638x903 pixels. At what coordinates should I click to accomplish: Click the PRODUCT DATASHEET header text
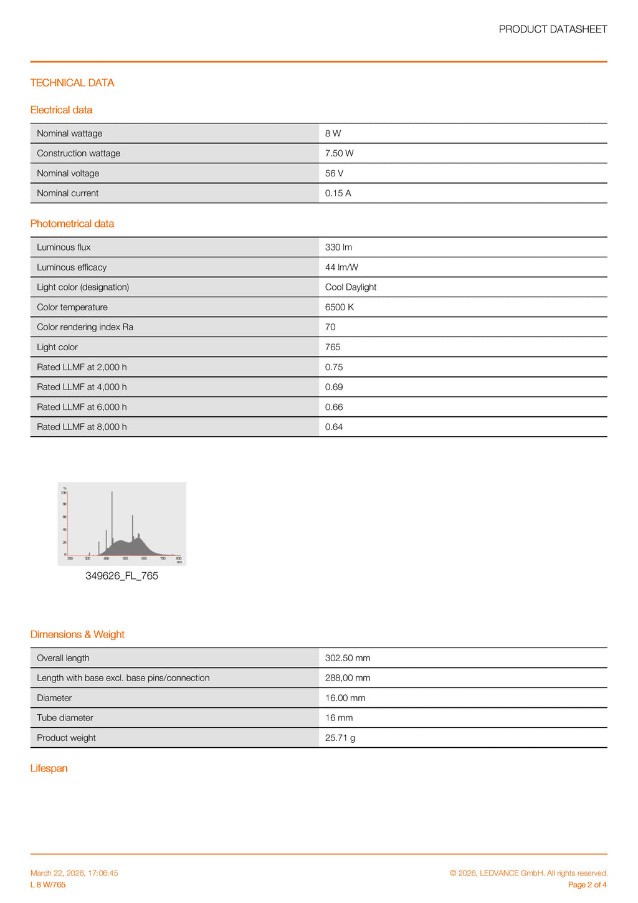553,29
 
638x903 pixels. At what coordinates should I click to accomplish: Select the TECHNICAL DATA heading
72,83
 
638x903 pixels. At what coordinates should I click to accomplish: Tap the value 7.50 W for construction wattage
339,153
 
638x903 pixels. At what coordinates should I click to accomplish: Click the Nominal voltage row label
68,173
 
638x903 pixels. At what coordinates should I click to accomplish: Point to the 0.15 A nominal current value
338,193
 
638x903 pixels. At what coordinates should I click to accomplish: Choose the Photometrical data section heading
72,224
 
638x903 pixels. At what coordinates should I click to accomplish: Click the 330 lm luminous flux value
338,247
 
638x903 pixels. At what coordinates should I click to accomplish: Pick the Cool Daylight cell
351,287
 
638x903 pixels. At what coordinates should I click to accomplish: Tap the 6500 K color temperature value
340,307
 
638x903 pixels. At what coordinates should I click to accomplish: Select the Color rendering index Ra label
85,327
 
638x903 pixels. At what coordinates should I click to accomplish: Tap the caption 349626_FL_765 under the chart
121,576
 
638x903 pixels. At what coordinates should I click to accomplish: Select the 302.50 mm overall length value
348,658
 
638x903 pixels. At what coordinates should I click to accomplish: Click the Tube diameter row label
65,718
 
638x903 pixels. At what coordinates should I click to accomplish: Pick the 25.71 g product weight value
340,738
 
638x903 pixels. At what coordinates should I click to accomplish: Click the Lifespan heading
49,768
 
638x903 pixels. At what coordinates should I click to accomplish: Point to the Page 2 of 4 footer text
587,885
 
